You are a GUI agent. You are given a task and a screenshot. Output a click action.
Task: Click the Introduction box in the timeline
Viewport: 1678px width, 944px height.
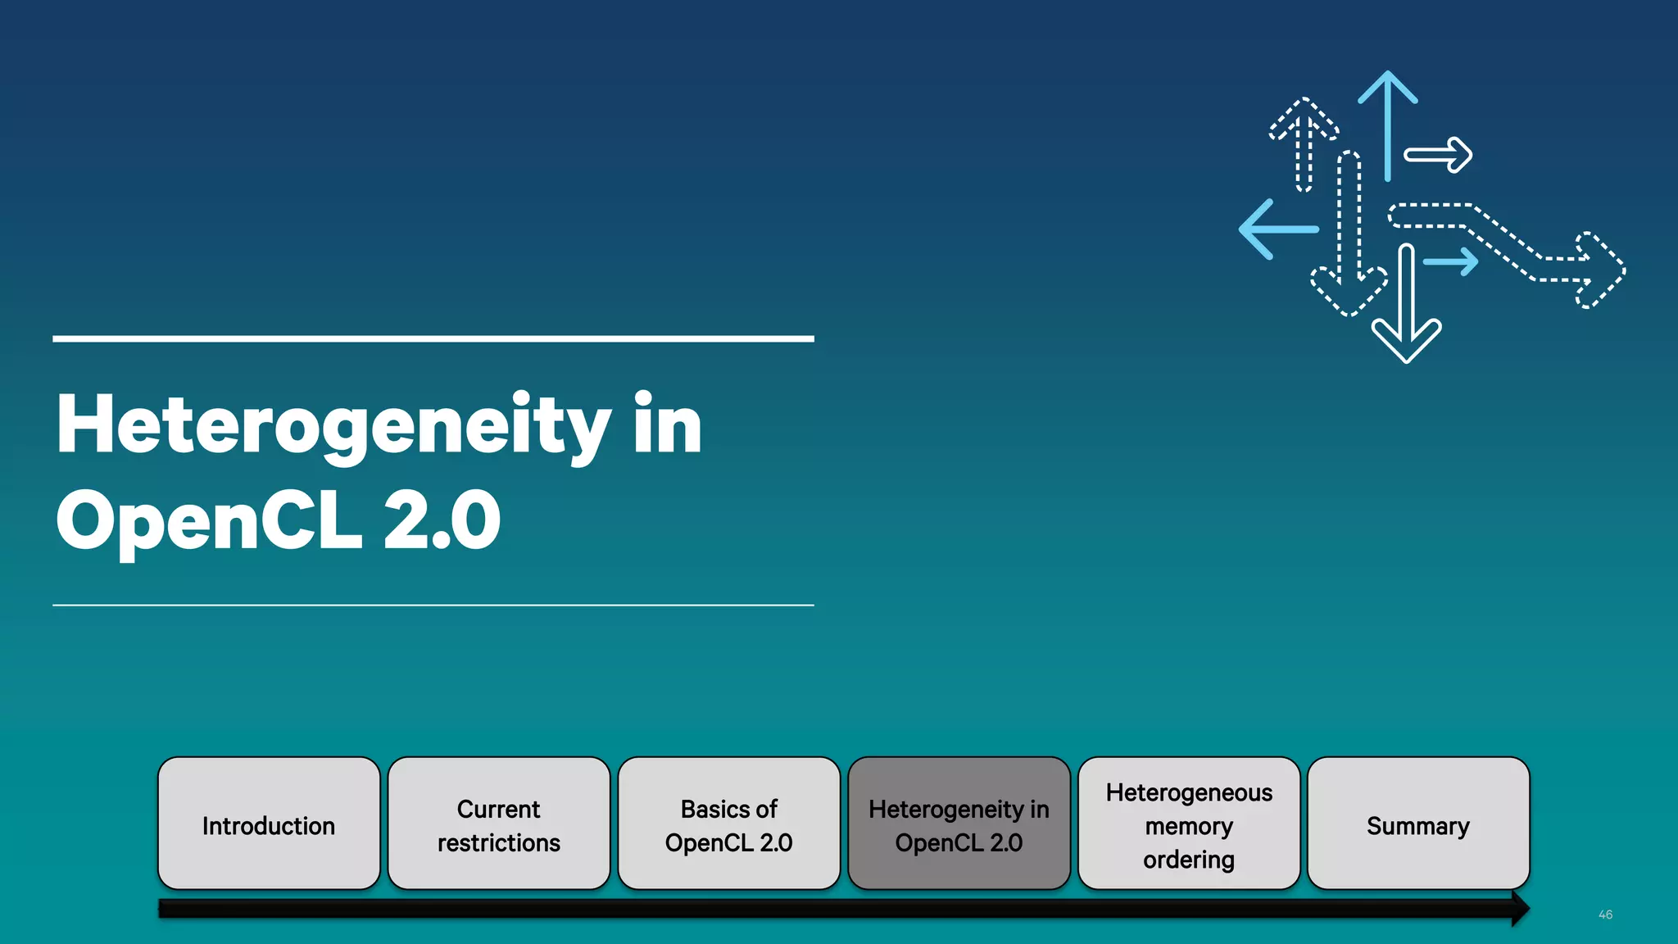(x=269, y=824)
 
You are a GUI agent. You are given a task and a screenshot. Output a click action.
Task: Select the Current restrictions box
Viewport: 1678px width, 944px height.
(x=499, y=824)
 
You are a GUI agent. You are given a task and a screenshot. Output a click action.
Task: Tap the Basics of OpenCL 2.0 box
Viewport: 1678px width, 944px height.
(x=729, y=824)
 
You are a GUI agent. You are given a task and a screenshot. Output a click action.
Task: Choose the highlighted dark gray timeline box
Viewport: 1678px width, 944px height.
(x=959, y=824)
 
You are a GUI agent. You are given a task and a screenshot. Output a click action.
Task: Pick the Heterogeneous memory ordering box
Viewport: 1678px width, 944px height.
(x=1189, y=824)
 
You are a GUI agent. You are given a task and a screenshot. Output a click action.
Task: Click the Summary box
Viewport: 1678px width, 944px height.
(x=1418, y=824)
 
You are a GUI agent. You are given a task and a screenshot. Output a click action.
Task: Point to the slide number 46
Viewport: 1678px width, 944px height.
(x=1605, y=914)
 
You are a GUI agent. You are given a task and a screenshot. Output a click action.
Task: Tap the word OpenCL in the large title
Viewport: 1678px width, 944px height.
(x=209, y=521)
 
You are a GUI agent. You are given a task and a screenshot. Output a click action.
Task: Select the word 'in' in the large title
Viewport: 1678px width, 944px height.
(x=668, y=426)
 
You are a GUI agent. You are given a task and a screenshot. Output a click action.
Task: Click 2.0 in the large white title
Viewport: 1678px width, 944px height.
(x=442, y=521)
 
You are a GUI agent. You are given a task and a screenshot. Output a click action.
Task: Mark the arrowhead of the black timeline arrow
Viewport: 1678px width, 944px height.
(x=1520, y=909)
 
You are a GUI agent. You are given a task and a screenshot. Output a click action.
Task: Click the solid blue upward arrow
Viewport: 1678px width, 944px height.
(x=1387, y=123)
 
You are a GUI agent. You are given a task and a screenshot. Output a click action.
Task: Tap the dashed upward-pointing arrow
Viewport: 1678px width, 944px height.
(x=1304, y=143)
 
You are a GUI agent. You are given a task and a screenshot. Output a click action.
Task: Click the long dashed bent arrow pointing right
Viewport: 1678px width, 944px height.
(x=1508, y=246)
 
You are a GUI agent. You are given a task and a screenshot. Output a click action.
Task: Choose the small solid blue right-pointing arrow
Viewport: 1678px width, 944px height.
(x=1452, y=262)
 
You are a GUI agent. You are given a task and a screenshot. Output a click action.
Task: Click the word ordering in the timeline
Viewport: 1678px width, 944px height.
(x=1189, y=860)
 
